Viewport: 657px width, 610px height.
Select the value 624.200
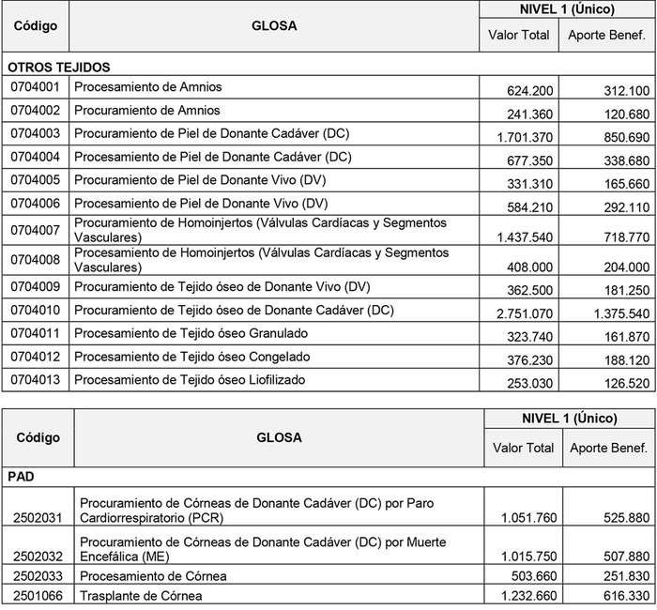coord(529,91)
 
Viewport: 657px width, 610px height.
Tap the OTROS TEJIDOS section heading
coord(59,68)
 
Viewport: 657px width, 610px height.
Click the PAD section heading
coord(22,476)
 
